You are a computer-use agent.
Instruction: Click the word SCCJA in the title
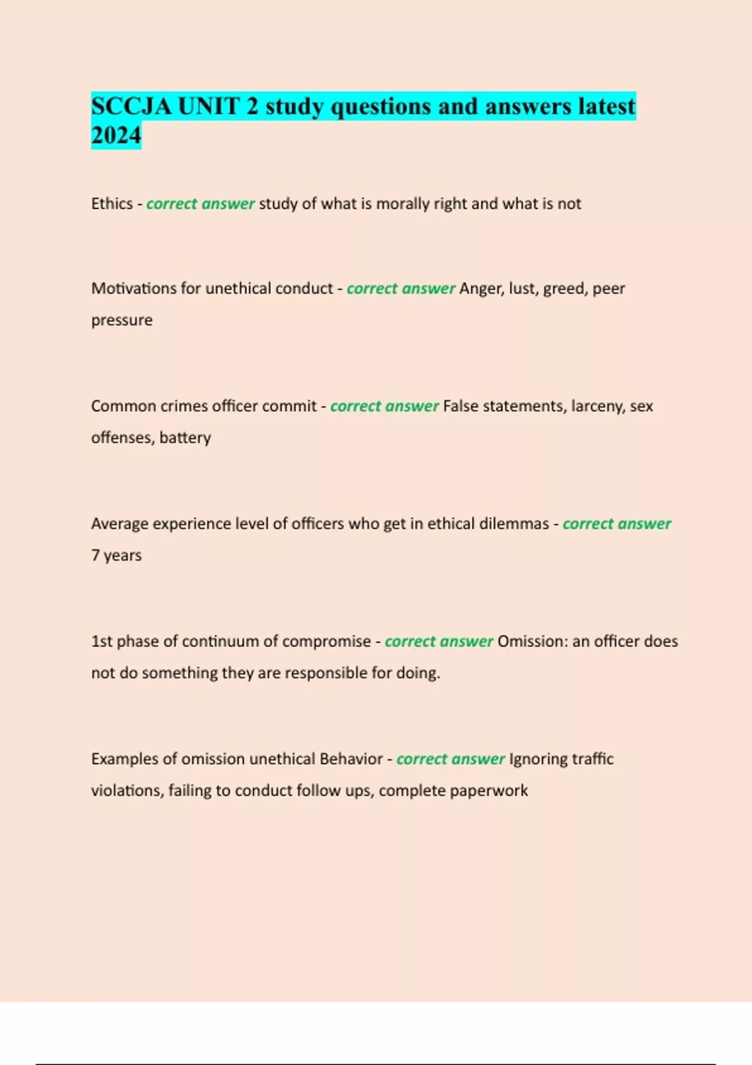click(131, 106)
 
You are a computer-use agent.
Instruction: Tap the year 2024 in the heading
click(116, 135)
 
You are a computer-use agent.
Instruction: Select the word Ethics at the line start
click(112, 204)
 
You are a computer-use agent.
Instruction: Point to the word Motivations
click(133, 288)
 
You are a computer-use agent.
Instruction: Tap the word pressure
click(122, 320)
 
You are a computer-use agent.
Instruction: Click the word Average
click(119, 524)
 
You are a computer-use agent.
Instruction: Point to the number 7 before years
click(95, 555)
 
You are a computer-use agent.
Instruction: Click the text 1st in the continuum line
click(102, 641)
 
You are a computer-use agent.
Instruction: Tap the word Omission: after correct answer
click(532, 641)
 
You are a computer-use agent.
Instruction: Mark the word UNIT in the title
click(209, 106)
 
